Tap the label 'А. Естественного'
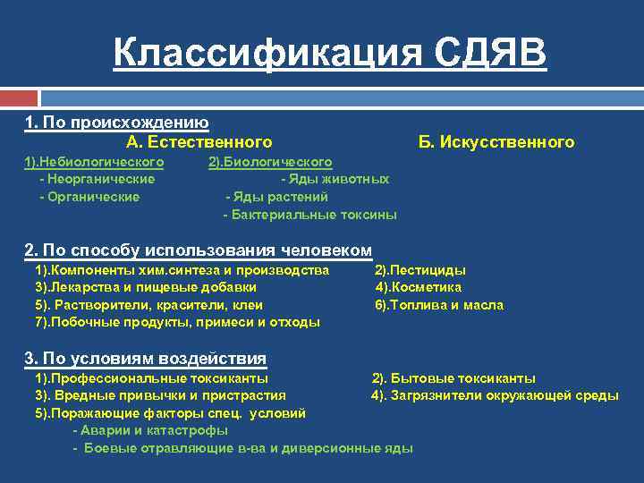pos(199,142)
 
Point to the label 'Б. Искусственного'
pos(496,142)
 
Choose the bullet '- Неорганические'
pos(97,179)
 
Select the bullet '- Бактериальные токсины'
pos(309,215)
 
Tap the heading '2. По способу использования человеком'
pos(198,250)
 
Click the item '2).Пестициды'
pos(419,269)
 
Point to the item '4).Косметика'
pos(418,287)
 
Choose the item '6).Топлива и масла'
pos(438,305)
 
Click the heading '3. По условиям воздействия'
pos(145,359)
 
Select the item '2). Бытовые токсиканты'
pos(453,378)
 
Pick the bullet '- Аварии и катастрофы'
pos(138,430)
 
